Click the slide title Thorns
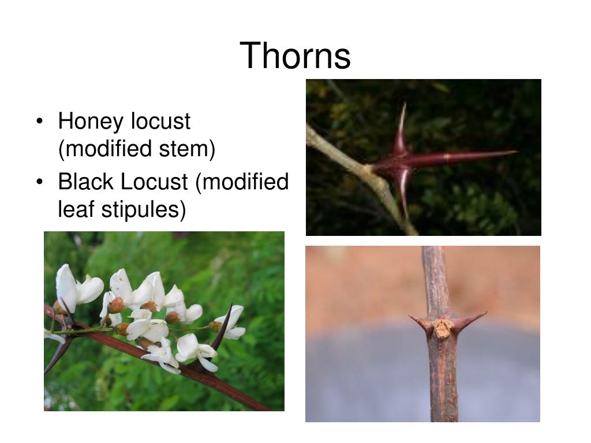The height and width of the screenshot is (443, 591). pyautogui.click(x=295, y=56)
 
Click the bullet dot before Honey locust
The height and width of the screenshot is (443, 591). pyautogui.click(x=39, y=122)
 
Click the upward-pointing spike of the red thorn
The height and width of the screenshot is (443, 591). pyautogui.click(x=402, y=124)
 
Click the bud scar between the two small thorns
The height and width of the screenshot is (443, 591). pyautogui.click(x=442, y=328)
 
